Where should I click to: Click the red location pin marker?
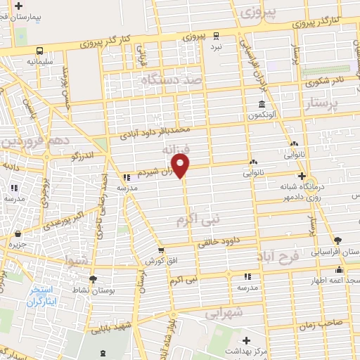click(181, 166)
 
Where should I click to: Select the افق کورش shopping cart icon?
click(162, 250)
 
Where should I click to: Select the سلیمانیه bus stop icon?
click(39, 51)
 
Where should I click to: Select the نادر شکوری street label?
click(328, 81)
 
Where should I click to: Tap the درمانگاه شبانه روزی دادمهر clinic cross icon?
click(302, 176)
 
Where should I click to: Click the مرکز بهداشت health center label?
click(270, 350)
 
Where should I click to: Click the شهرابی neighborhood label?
click(226, 311)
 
